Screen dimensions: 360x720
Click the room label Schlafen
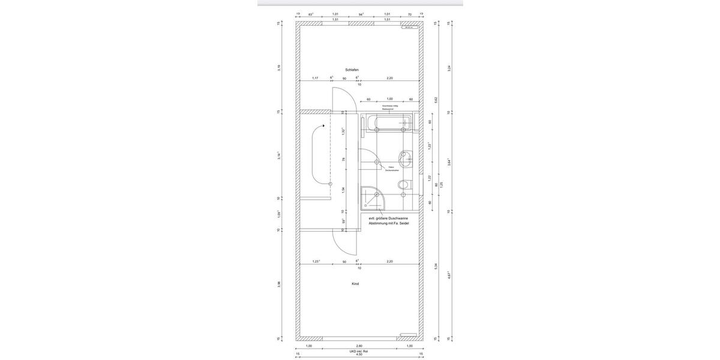click(352, 70)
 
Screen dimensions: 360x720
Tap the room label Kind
click(355, 284)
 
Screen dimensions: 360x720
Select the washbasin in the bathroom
click(407, 157)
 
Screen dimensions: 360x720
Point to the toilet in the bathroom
click(405, 185)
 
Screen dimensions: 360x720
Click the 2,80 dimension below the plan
click(359, 346)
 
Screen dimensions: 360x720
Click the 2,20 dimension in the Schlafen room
click(389, 78)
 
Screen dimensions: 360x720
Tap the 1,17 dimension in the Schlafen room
click(315, 78)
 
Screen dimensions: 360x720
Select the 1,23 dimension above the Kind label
click(316, 262)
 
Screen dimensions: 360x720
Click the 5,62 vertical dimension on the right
click(436, 100)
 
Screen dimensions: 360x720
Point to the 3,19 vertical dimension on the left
click(278, 67)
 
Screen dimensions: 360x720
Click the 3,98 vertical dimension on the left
click(278, 284)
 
